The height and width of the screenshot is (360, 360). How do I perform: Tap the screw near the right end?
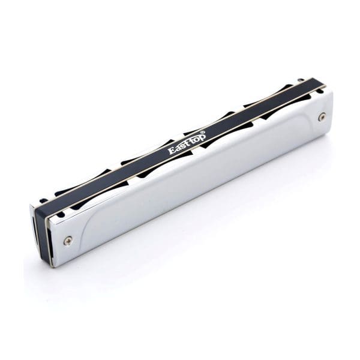[x=322, y=118]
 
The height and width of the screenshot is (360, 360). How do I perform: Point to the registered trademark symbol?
[x=203, y=132]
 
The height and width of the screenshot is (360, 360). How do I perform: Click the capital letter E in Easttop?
[x=172, y=151]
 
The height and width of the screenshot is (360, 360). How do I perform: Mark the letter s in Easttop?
[x=181, y=147]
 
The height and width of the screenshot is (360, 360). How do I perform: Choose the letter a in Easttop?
[x=177, y=149]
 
